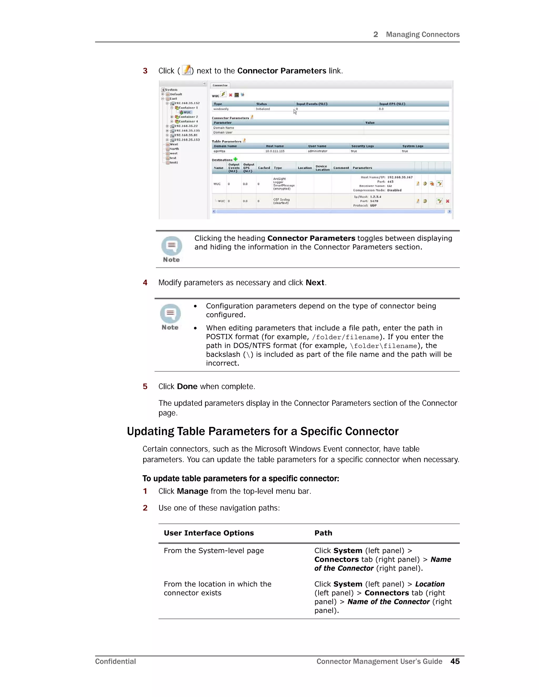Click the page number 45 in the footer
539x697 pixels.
455,661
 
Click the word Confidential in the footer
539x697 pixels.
115,661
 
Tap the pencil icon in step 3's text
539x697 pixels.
187,70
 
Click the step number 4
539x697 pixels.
145,282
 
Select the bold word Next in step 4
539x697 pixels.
315,282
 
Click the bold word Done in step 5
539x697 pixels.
187,386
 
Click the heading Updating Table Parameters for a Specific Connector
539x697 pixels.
262,431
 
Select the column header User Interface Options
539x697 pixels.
208,533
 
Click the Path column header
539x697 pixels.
323,533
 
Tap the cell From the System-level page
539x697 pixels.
214,550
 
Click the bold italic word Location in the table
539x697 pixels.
430,584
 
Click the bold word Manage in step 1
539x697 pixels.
192,491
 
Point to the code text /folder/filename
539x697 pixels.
346,337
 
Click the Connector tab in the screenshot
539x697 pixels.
220,85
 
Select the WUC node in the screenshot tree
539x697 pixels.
187,112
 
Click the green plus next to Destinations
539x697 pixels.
236,159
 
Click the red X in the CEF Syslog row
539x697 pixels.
447,201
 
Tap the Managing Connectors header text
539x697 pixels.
422,34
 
